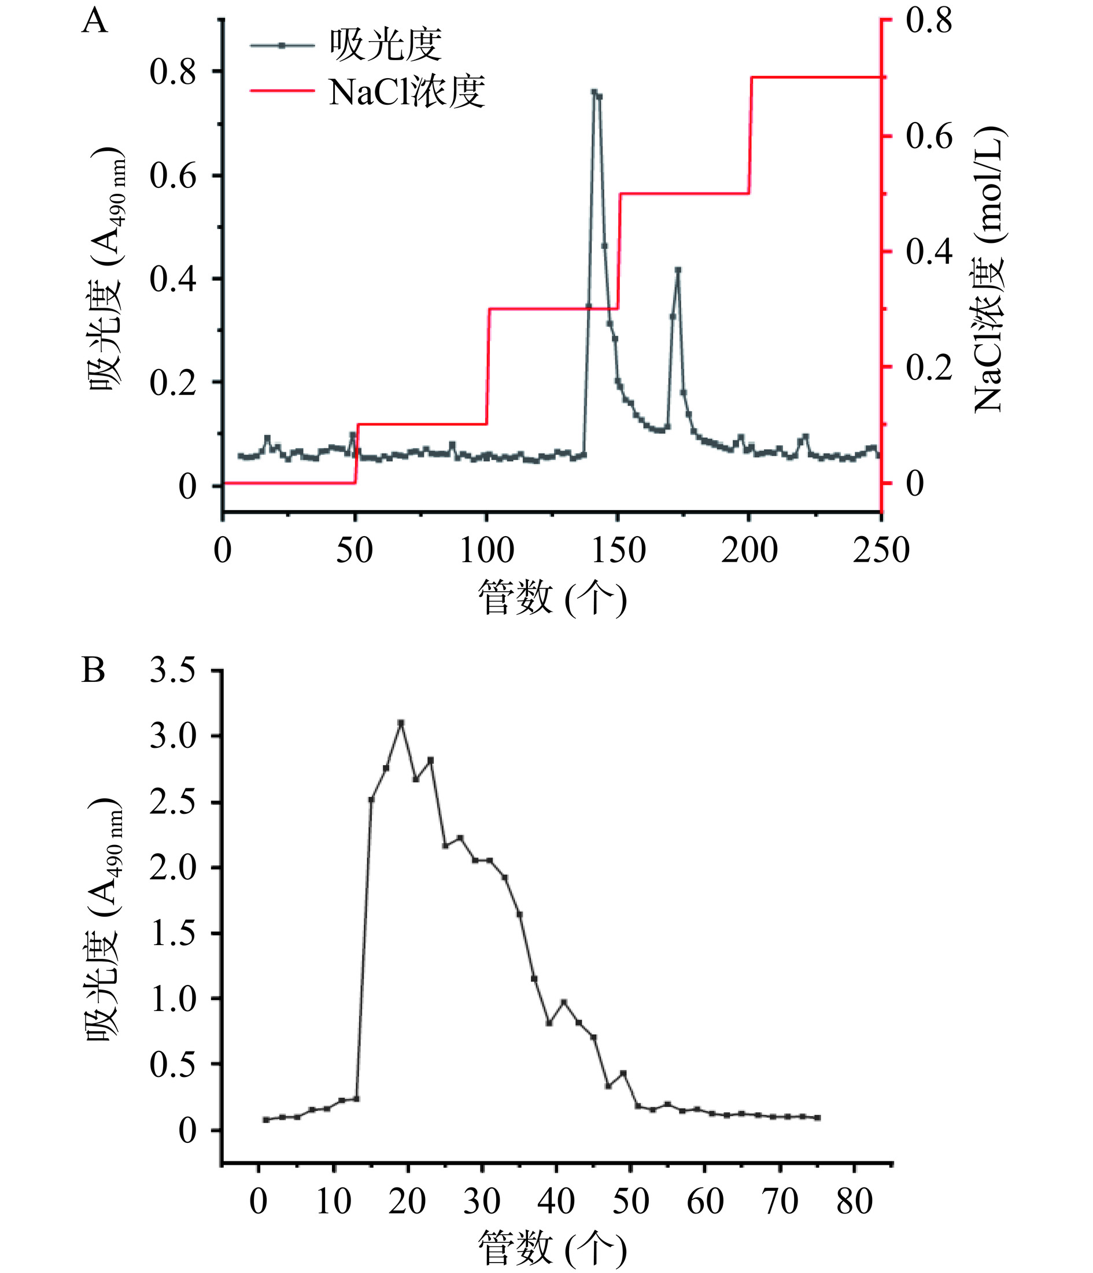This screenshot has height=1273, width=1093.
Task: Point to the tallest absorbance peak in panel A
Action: point(594,92)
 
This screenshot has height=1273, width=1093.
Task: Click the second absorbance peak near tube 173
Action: point(678,270)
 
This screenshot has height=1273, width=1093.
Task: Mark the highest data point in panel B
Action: point(401,723)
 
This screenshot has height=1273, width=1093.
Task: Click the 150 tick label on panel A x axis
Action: point(619,551)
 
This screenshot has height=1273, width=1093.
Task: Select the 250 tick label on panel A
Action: point(880,551)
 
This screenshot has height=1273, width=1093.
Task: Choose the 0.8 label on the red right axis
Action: point(928,20)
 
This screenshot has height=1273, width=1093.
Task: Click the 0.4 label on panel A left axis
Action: point(173,279)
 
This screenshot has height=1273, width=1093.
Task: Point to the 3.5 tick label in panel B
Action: point(173,671)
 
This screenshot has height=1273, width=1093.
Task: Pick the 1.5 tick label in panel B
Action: point(173,933)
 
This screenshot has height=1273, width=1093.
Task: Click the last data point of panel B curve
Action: point(817,1117)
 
